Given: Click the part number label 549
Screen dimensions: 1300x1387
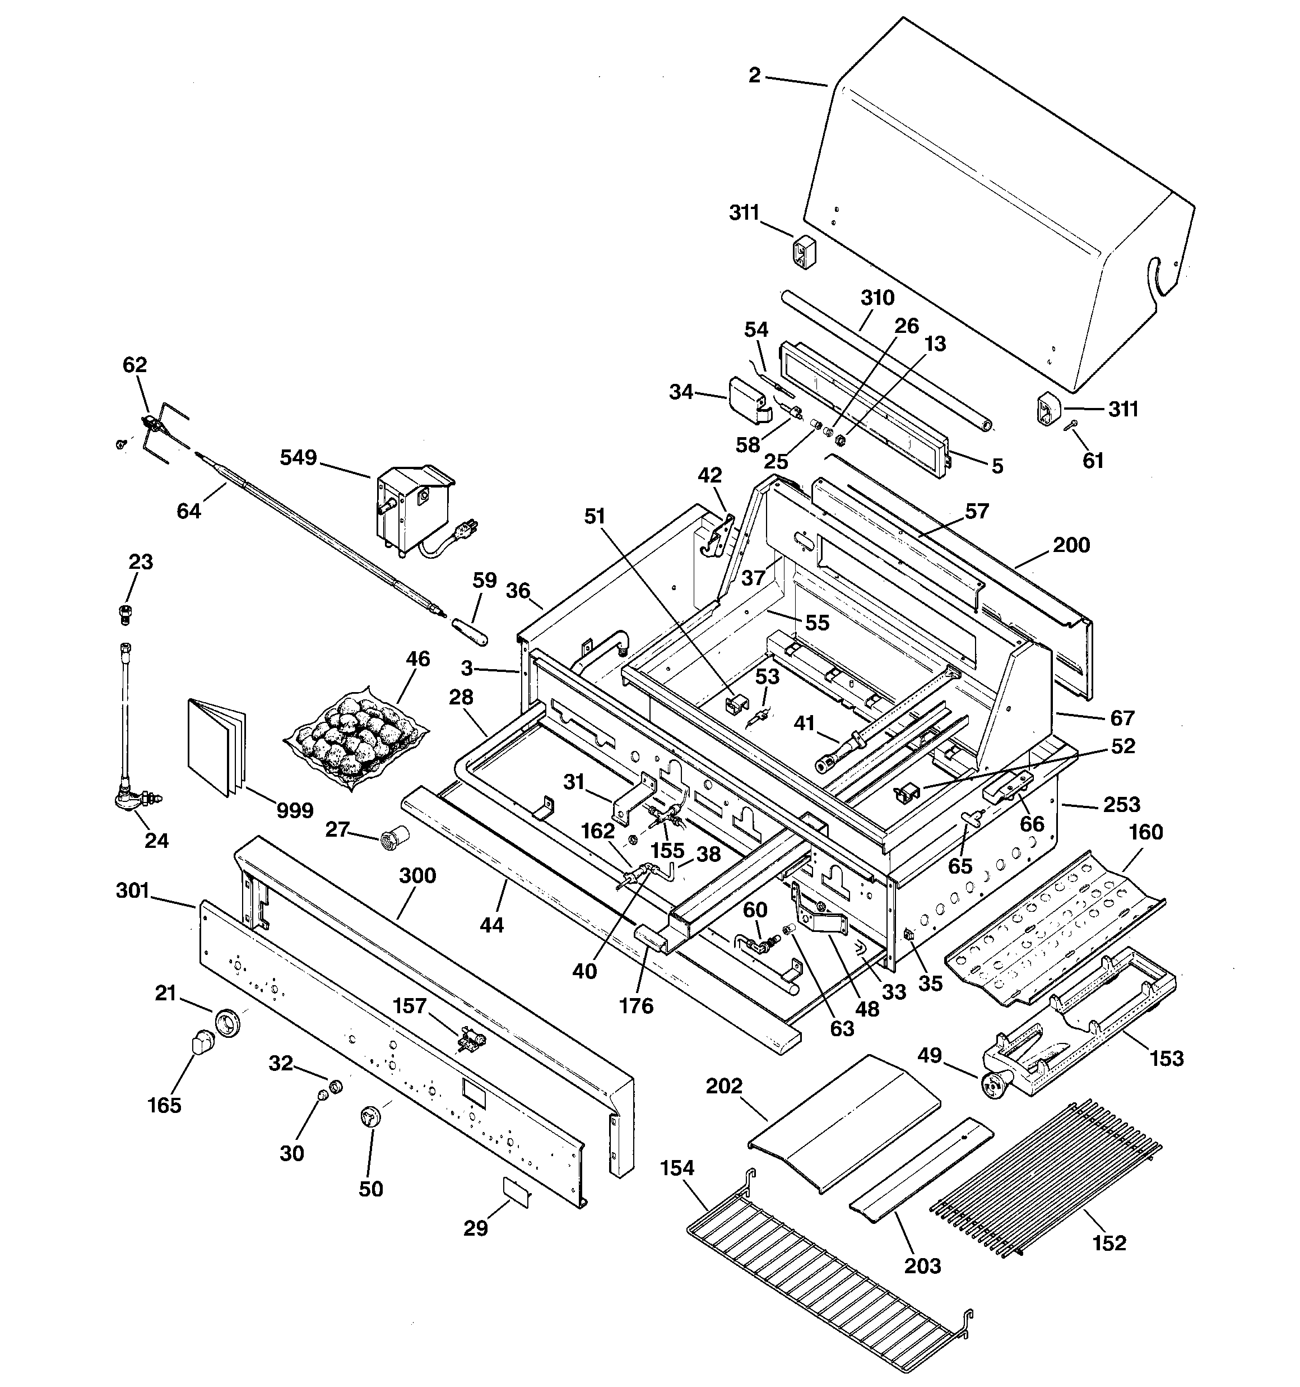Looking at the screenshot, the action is pyautogui.click(x=298, y=458).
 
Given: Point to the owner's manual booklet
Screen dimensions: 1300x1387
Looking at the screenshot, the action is pyautogui.click(x=217, y=746).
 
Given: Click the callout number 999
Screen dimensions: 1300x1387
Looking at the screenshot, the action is pyautogui.click(x=295, y=811).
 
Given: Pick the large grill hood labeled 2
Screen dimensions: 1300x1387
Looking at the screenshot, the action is pyautogui.click(x=998, y=202).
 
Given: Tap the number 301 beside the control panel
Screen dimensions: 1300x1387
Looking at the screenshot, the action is pyautogui.click(x=133, y=891).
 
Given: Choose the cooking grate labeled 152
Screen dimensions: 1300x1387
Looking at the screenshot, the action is pyautogui.click(x=1047, y=1179).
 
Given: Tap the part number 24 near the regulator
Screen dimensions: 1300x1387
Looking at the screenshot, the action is pyautogui.click(x=156, y=840).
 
